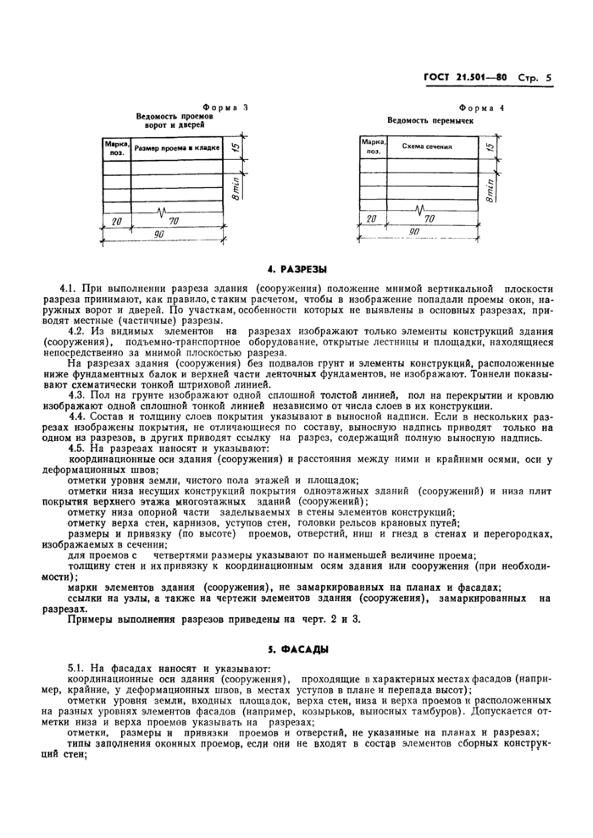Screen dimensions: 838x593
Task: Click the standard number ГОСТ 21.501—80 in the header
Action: point(464,78)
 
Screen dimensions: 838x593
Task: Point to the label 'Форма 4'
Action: point(480,109)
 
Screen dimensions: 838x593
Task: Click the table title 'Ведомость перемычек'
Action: point(430,121)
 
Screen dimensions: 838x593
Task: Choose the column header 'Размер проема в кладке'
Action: point(176,149)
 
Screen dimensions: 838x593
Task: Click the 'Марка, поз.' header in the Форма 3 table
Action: point(115,149)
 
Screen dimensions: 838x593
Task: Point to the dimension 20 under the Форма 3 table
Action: point(115,221)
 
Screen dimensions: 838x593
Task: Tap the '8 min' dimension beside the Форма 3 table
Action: point(236,188)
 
